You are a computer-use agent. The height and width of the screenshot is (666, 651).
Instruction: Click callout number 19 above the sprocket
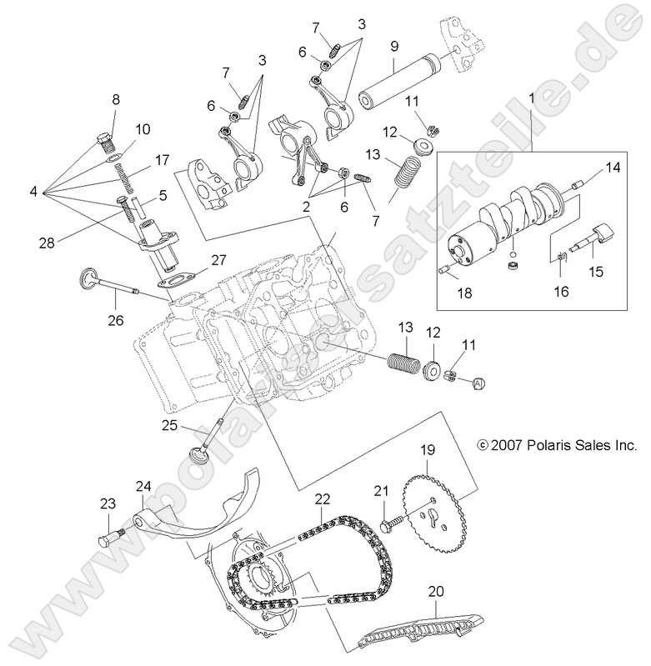pyautogui.click(x=427, y=450)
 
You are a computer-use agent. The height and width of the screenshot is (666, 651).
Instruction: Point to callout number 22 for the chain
pyautogui.click(x=323, y=498)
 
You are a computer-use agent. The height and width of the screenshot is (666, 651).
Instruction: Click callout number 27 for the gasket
pyautogui.click(x=218, y=260)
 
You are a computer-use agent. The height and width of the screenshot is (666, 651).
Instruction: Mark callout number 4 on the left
pyautogui.click(x=34, y=191)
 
